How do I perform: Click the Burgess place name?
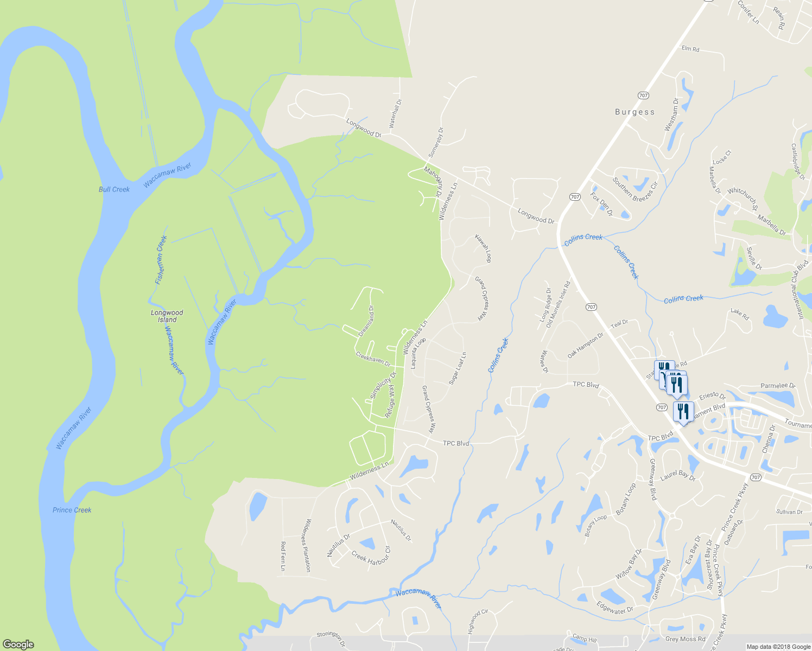635,112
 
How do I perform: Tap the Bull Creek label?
114,189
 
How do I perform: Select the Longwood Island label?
167,316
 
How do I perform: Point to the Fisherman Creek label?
161,260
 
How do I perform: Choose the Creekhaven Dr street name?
373,359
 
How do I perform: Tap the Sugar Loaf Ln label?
458,369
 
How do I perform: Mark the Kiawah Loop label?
483,248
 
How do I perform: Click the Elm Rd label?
690,49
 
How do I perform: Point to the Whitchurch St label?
743,199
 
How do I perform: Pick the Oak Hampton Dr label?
585,346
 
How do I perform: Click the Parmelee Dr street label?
777,386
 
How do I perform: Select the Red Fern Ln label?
283,556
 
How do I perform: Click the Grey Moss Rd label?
685,639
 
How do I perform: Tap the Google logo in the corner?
18,644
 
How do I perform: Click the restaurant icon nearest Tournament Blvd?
683,411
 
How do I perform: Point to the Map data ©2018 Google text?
777,647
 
